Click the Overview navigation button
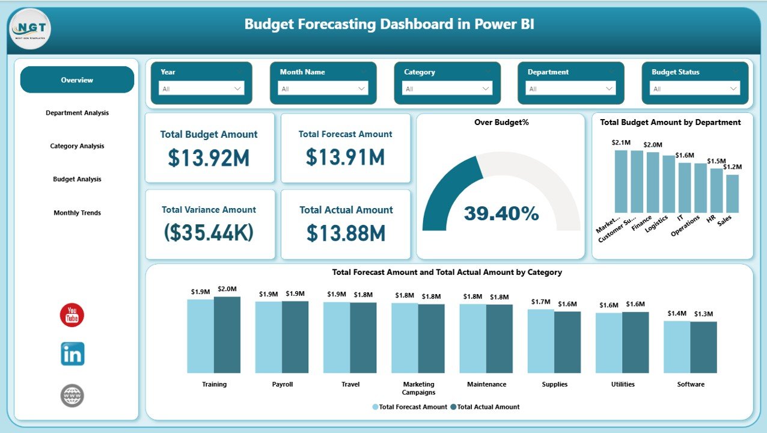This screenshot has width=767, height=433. click(77, 80)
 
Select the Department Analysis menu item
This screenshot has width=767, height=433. click(77, 113)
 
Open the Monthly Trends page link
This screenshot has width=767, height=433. click(77, 213)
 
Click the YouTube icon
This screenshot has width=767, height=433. click(72, 315)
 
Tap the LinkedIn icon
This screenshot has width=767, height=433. click(72, 354)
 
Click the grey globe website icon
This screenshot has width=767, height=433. click(72, 395)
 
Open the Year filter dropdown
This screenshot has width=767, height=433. click(201, 88)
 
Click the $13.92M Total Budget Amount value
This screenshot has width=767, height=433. click(209, 158)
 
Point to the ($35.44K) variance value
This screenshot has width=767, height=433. click(209, 233)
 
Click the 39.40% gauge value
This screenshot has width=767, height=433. click(501, 213)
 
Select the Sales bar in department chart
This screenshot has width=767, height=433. click(732, 194)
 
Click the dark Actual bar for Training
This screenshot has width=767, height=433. click(227, 334)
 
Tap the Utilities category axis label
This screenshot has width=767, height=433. click(622, 384)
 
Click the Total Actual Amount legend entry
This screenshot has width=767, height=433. click(487, 407)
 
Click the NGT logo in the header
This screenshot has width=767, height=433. click(31, 28)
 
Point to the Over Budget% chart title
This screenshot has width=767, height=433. click(501, 123)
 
